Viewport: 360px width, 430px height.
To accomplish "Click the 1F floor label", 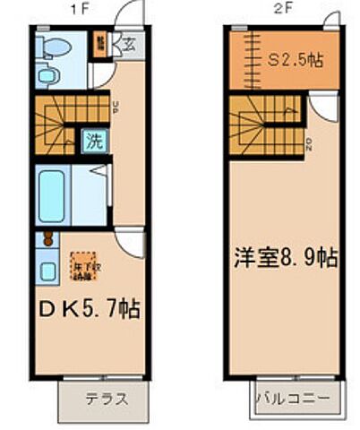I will [x=90, y=11].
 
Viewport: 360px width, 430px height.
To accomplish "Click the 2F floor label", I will [x=283, y=11].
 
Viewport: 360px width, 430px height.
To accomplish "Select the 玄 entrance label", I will [x=129, y=41].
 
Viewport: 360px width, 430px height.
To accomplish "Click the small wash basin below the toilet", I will [x=48, y=75].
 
